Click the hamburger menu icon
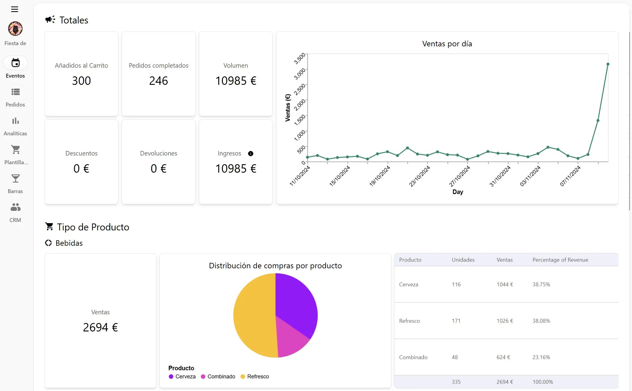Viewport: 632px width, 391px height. pyautogui.click(x=14, y=9)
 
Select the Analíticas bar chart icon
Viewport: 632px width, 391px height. pyautogui.click(x=15, y=121)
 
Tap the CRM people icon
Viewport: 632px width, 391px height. pyautogui.click(x=15, y=207)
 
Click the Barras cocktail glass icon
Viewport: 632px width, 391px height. pyautogui.click(x=15, y=179)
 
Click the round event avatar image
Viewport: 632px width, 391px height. pyautogui.click(x=15, y=29)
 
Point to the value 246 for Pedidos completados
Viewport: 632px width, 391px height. pyautogui.click(x=158, y=81)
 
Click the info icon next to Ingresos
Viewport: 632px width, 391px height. pyautogui.click(x=251, y=154)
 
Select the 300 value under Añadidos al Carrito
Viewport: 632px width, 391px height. pyautogui.click(x=81, y=81)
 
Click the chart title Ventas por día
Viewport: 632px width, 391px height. pyautogui.click(x=447, y=44)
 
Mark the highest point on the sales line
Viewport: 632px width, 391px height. pyautogui.click(x=608, y=64)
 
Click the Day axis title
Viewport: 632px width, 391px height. pyautogui.click(x=457, y=192)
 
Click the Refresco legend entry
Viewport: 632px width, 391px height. pyautogui.click(x=255, y=377)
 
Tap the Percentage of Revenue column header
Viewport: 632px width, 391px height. pyautogui.click(x=560, y=260)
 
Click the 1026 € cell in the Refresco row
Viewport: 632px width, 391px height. pyautogui.click(x=505, y=321)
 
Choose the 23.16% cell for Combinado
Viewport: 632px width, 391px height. pyautogui.click(x=541, y=357)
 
